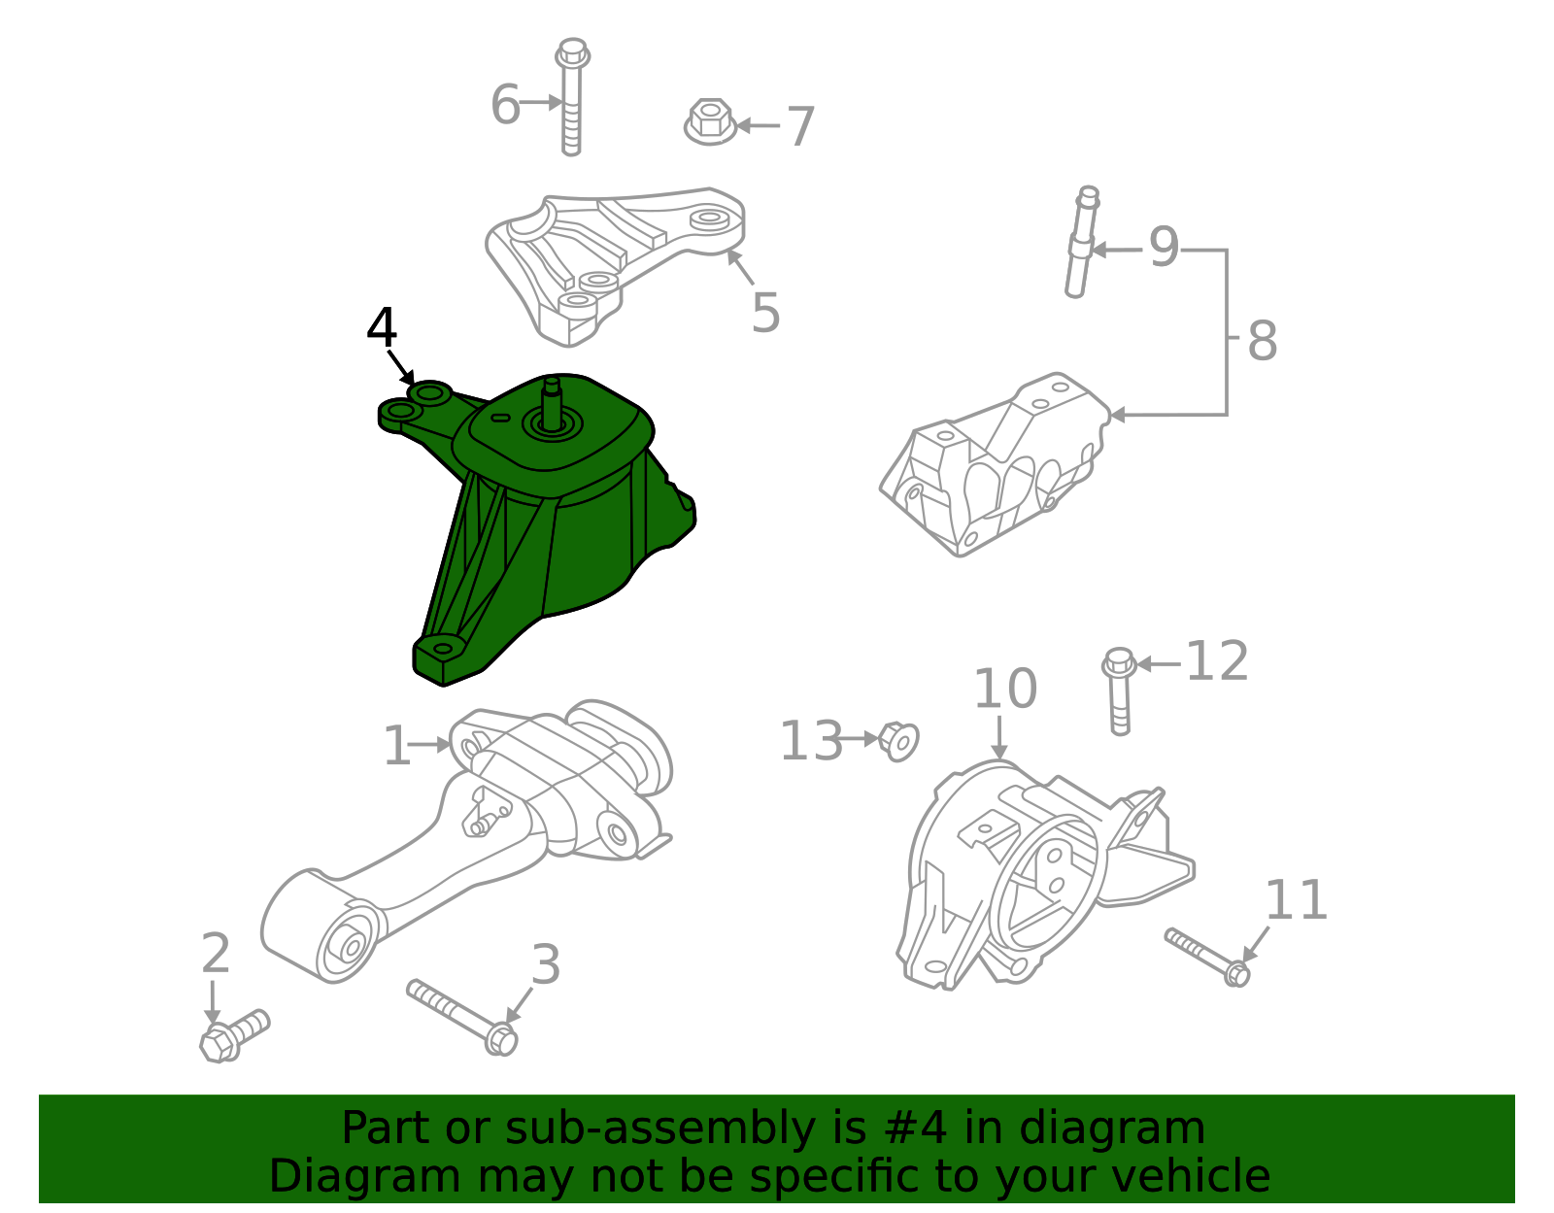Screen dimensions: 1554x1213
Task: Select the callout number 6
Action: tap(505, 104)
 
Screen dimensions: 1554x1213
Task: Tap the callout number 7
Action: tap(800, 127)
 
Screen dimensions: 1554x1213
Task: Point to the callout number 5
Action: tap(765, 313)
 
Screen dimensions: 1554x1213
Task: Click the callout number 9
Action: tap(1164, 248)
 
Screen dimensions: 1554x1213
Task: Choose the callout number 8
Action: tap(1262, 341)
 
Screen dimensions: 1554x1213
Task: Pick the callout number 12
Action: tap(1217, 662)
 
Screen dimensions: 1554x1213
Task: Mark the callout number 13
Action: tap(812, 741)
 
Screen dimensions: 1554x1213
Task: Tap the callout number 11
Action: tap(1296, 900)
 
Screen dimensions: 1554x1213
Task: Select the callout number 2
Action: tap(216, 954)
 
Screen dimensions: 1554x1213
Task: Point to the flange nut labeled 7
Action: tap(710, 123)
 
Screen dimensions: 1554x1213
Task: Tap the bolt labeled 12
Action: tap(1119, 691)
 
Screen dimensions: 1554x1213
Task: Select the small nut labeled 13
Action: tap(899, 742)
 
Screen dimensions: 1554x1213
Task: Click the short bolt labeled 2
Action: tap(233, 1035)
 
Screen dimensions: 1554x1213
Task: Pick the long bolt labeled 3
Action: tap(461, 1015)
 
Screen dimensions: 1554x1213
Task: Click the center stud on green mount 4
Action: tap(552, 404)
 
